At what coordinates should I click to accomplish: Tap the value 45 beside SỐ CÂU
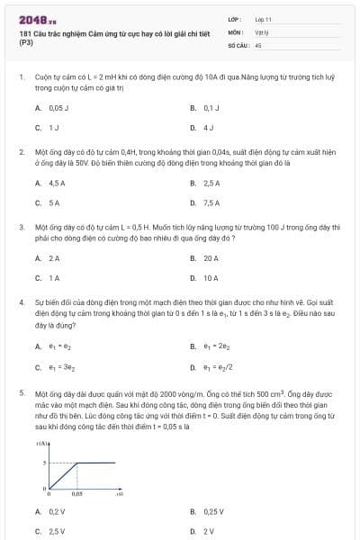point(258,43)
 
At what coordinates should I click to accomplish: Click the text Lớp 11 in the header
point(263,18)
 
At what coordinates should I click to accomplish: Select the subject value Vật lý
point(261,31)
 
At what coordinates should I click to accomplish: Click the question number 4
point(21,303)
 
